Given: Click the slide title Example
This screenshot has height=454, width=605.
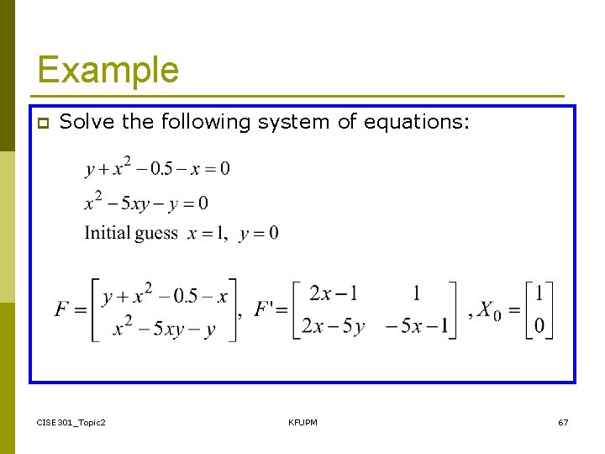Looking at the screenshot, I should pos(108,70).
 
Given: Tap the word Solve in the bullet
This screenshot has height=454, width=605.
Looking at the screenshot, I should pos(88,122).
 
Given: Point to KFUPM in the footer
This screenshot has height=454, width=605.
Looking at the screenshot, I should pos(302,422).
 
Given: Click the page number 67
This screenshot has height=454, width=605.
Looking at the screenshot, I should pos(563,422).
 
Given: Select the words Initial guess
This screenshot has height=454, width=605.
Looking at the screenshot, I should pos(131,233).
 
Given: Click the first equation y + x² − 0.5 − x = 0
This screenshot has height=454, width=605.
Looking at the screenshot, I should pos(157,167).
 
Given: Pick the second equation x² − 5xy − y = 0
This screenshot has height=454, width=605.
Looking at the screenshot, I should pos(146,203).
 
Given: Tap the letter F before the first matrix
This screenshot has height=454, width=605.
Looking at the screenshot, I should pos(62,309).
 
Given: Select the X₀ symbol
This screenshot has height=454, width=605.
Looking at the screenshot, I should pos(490,310).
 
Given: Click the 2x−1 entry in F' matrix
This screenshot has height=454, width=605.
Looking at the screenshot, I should pos(333,293).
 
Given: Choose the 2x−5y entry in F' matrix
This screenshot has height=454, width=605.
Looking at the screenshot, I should pos(333,326).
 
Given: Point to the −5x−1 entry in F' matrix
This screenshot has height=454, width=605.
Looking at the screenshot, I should pos(417,326).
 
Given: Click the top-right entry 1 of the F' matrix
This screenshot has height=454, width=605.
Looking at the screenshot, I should pos(417,293).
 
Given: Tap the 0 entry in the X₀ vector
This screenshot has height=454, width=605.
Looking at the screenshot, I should pos(539,325).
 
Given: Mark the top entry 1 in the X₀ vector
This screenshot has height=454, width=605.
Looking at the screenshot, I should pos(539,293).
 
